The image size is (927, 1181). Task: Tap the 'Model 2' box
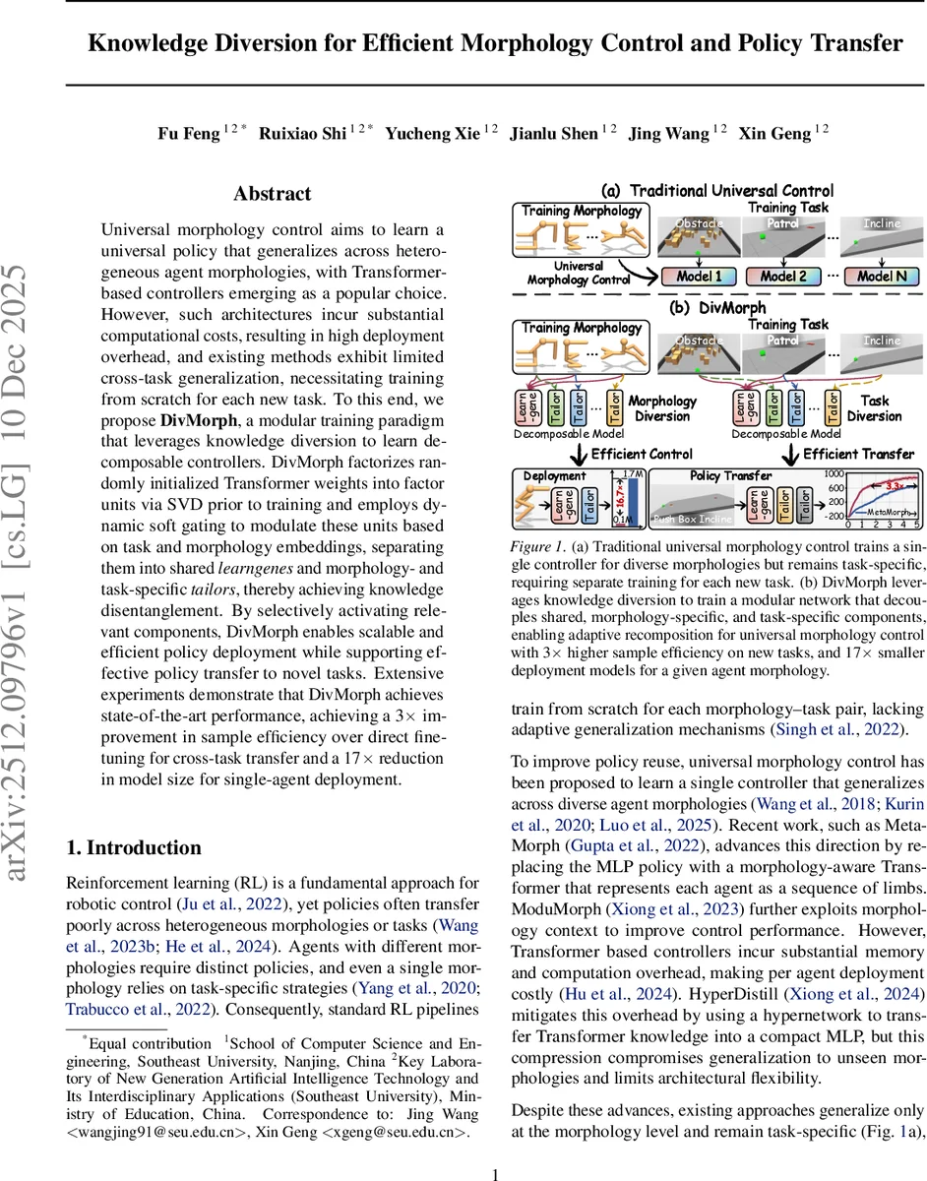(784, 277)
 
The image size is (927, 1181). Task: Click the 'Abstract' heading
(273, 194)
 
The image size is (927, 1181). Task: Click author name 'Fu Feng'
(189, 133)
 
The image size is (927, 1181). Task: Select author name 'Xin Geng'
(785, 133)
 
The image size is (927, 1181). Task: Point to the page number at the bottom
(496, 1173)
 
